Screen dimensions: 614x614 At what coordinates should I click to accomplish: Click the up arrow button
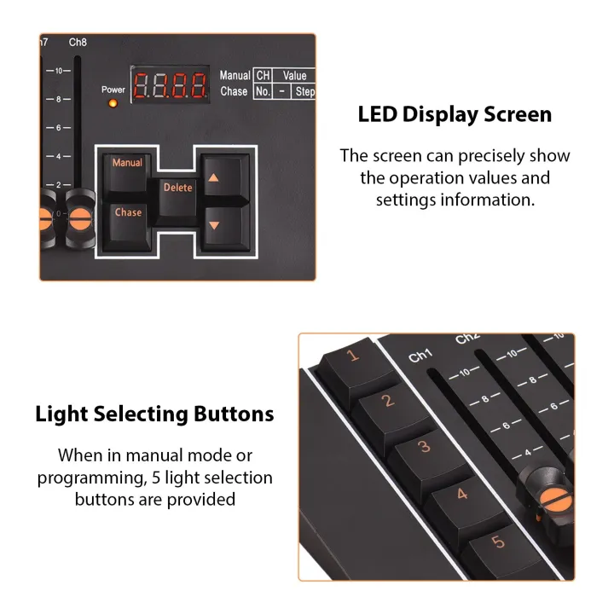click(214, 180)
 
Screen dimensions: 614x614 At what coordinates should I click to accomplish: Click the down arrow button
click(214, 228)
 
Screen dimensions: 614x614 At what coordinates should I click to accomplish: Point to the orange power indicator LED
click(113, 104)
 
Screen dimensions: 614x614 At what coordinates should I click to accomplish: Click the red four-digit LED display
click(170, 85)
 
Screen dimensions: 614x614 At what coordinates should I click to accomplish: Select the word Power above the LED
click(113, 90)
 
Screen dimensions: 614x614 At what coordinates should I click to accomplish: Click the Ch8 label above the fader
click(78, 42)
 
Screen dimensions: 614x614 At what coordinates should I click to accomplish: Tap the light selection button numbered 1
click(350, 358)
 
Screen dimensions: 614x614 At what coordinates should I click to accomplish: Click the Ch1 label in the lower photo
click(421, 356)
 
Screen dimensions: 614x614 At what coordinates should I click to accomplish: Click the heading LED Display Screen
click(454, 114)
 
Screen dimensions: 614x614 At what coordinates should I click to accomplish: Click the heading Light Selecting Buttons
click(154, 414)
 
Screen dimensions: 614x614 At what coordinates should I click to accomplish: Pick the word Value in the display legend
click(294, 76)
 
